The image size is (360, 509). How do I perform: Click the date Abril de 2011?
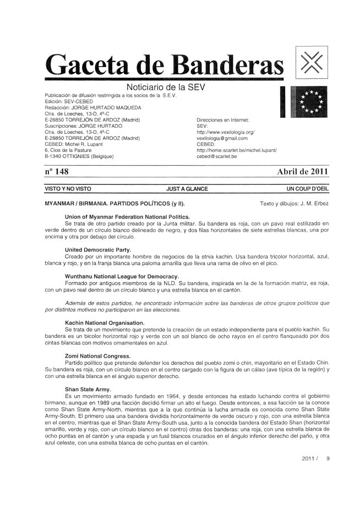point(302,171)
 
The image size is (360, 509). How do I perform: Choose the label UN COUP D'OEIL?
point(307,189)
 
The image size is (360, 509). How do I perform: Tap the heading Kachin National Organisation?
point(105,321)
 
